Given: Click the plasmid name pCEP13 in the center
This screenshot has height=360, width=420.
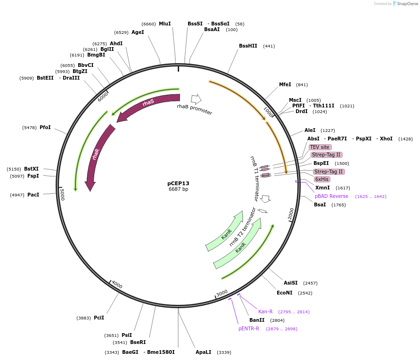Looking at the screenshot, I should point(178,183).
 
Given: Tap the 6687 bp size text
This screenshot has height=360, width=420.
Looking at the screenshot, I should point(178,189).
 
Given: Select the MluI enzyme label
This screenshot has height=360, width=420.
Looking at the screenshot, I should point(165,24).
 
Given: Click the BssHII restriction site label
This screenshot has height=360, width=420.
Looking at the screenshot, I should point(248,46).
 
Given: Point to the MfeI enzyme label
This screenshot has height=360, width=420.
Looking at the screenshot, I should point(285,85).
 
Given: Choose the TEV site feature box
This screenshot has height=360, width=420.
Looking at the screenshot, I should point(320,147).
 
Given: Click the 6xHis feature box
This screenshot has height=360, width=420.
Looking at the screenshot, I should point(322,179).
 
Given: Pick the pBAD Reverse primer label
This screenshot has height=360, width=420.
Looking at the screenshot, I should point(331,196).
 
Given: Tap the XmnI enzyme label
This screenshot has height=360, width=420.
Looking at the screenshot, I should point(322,188).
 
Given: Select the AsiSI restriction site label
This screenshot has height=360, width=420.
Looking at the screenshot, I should point(290,283).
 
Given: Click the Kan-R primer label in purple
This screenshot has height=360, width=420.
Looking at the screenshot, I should point(265,311).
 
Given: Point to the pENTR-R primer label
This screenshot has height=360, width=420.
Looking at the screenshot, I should point(248,328).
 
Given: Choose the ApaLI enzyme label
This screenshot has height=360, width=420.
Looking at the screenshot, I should point(203,352).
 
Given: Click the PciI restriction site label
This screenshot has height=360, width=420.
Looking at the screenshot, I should point(99,318).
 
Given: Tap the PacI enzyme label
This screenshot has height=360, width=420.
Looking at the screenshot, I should point(33,195).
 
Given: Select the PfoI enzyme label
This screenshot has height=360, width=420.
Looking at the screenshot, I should point(45,128).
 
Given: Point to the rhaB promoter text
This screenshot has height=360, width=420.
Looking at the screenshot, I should point(194,109).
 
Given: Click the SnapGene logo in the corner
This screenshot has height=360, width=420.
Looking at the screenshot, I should point(405,4).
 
